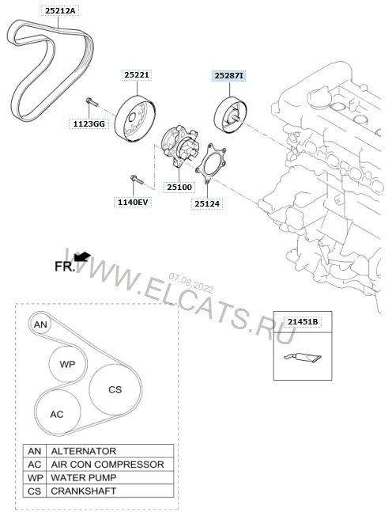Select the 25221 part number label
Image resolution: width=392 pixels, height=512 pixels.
(x=137, y=74)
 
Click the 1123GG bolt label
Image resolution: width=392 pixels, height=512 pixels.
(x=89, y=124)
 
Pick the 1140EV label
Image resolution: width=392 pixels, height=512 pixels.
(x=133, y=203)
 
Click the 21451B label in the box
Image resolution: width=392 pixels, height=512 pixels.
(x=302, y=322)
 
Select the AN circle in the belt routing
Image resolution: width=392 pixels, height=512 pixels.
(x=41, y=324)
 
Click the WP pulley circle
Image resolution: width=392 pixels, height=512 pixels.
(x=68, y=365)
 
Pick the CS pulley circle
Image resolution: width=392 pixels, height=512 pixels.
(x=115, y=389)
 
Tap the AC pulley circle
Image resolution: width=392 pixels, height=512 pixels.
(x=57, y=414)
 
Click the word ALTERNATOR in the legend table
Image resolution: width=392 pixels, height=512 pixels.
(x=83, y=451)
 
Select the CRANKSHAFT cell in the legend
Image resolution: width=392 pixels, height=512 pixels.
(x=83, y=491)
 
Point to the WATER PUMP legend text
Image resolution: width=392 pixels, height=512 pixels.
(x=84, y=478)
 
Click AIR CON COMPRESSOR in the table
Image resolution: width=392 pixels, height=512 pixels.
(x=107, y=465)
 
